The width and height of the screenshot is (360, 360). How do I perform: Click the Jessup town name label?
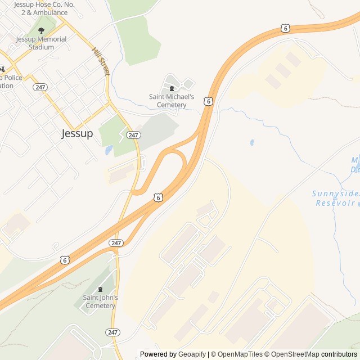(77, 134)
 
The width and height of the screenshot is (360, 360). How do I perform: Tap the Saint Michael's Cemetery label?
(172, 101)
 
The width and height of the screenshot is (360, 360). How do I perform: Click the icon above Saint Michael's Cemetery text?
(172, 89)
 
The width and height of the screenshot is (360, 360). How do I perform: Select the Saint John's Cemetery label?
(100, 301)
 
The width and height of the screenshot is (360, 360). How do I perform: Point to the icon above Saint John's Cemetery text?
(100, 289)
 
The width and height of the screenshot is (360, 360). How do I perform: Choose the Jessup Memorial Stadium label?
(41, 43)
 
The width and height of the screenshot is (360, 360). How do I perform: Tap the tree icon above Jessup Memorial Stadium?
(40, 31)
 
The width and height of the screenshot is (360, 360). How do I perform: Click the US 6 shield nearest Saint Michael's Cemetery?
(209, 101)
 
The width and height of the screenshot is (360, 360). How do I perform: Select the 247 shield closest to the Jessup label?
(133, 135)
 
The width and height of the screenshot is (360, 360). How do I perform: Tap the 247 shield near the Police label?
(39, 87)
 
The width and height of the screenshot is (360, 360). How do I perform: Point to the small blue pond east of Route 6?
(251, 143)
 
